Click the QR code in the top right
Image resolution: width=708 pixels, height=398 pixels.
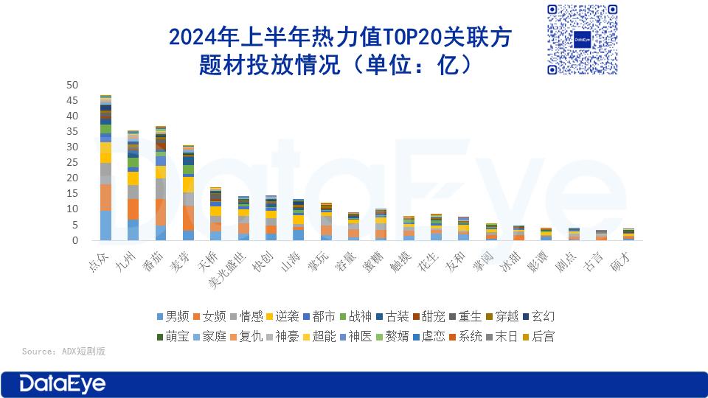point(582,38)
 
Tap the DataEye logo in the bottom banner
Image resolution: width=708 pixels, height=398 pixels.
point(63,383)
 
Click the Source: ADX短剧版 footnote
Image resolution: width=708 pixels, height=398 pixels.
point(63,351)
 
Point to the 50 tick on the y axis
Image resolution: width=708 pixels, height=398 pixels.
point(72,85)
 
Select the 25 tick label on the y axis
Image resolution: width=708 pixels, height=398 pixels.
point(72,163)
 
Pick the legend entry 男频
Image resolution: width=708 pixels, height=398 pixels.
point(172,316)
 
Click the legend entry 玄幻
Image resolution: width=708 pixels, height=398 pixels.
point(538,316)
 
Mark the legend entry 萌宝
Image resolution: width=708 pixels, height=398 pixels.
point(172,336)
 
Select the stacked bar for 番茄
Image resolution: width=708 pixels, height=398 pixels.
point(161,184)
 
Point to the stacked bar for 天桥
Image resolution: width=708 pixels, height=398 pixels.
point(216,214)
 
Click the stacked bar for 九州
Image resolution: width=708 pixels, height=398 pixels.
point(133,186)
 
